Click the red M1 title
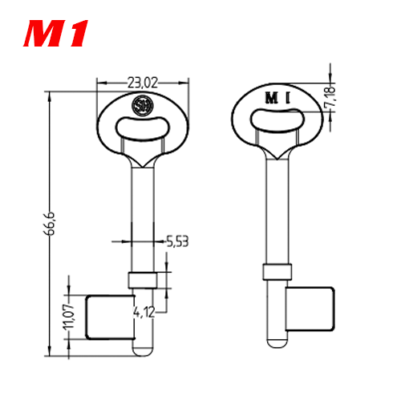(56, 33)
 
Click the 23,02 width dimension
(143, 83)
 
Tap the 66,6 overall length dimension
(49, 224)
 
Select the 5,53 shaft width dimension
(177, 241)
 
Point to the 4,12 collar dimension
(144, 312)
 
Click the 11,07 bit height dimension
(69, 317)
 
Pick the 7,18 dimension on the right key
(330, 96)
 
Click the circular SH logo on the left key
(143, 105)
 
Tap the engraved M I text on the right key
(277, 98)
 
